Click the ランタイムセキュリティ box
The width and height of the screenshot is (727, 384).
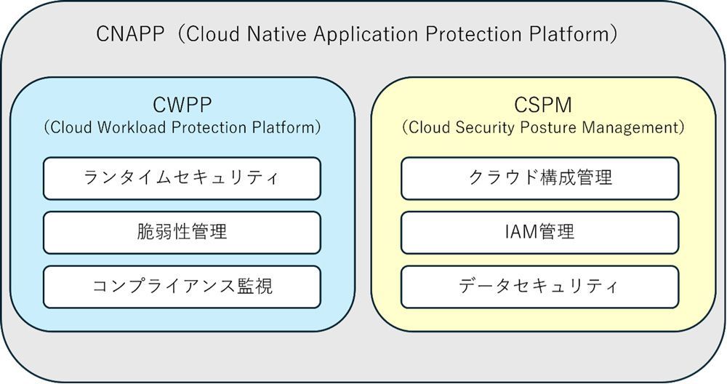coord(182,178)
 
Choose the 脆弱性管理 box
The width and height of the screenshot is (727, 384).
coord(182,232)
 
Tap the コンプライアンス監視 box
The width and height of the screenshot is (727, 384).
coord(182,286)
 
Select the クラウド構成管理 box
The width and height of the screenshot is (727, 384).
coord(540,178)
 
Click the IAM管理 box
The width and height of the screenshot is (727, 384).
coord(540,232)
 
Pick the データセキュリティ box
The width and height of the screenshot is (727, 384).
coord(540,286)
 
